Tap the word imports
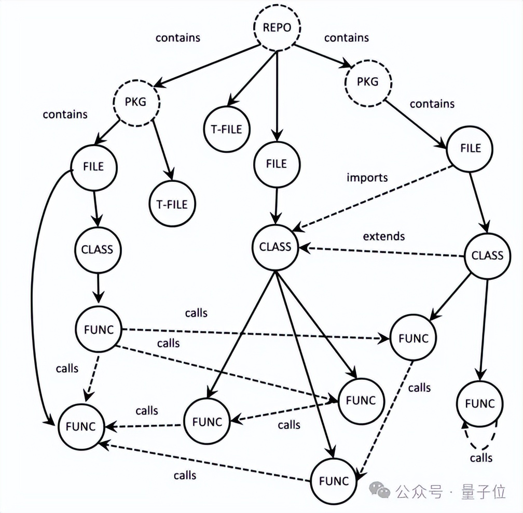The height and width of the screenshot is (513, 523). (367, 178)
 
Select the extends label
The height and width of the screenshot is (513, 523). (383, 236)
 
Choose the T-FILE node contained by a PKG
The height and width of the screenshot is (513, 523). (172, 204)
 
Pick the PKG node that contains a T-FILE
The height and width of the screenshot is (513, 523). (135, 102)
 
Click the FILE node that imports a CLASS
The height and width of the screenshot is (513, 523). (471, 148)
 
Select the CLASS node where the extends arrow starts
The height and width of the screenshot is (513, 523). (487, 255)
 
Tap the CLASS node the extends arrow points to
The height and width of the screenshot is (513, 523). (276, 246)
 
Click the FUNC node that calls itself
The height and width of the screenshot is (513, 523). (480, 404)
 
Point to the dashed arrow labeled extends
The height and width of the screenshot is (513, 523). (384, 252)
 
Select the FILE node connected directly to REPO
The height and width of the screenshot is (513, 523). (277, 164)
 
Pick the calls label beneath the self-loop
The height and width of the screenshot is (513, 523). (481, 458)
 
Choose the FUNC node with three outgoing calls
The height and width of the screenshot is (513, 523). (98, 330)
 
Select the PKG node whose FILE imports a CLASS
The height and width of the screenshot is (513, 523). (368, 82)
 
